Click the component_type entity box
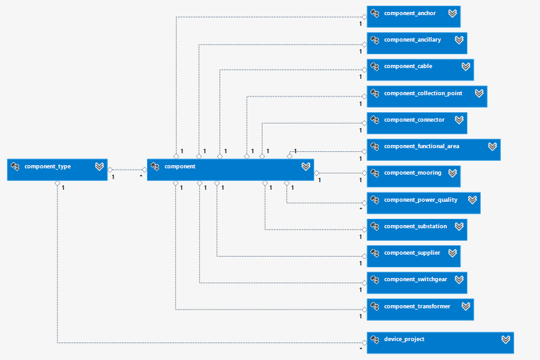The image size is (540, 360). [x=57, y=170]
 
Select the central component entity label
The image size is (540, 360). [x=180, y=166]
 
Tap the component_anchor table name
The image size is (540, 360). [x=409, y=13]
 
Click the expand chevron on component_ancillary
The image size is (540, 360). [x=459, y=40]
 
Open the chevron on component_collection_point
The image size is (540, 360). [x=479, y=93]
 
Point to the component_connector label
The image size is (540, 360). [x=414, y=120]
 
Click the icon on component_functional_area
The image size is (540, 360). [x=375, y=146]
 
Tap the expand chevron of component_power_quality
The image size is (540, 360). [x=472, y=200]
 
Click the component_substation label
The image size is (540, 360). [x=415, y=226]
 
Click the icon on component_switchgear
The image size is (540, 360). [x=375, y=279]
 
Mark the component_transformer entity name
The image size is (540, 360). [x=417, y=306]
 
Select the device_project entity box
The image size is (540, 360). [x=440, y=342]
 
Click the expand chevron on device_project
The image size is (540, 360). [x=505, y=339]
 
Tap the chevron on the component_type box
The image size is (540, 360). [x=99, y=166]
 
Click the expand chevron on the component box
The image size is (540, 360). [x=305, y=166]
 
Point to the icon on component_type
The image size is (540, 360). [x=15, y=166]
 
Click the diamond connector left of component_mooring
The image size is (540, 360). [x=364, y=173]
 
